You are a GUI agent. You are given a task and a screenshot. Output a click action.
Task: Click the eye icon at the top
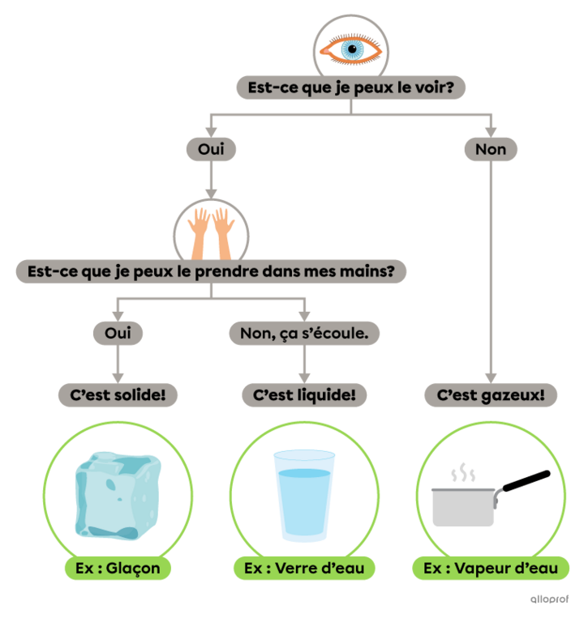[x=350, y=49]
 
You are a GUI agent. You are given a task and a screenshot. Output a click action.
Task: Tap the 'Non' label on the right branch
[x=491, y=149]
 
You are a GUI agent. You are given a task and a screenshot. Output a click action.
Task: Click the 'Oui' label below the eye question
[x=211, y=149]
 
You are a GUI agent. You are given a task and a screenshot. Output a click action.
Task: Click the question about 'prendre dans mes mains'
[x=211, y=271]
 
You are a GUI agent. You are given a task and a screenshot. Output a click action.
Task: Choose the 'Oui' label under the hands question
[x=118, y=332]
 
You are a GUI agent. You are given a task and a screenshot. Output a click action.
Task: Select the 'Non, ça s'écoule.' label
[x=304, y=332]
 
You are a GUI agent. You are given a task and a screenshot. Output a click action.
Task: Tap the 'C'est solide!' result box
[x=118, y=395]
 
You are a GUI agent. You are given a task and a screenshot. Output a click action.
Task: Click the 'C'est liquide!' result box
[x=304, y=395]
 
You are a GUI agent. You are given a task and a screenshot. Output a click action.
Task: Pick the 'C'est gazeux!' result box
[x=491, y=395]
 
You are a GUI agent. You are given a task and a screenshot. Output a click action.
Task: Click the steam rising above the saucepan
[x=463, y=472]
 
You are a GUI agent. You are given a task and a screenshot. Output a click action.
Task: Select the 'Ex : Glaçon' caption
[x=118, y=568]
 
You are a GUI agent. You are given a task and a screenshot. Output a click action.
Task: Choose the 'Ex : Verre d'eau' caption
[x=303, y=568]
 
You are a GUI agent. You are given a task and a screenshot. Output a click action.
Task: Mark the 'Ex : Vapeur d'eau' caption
[x=491, y=568]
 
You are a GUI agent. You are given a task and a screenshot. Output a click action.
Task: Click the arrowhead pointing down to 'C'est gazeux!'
[x=491, y=376]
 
